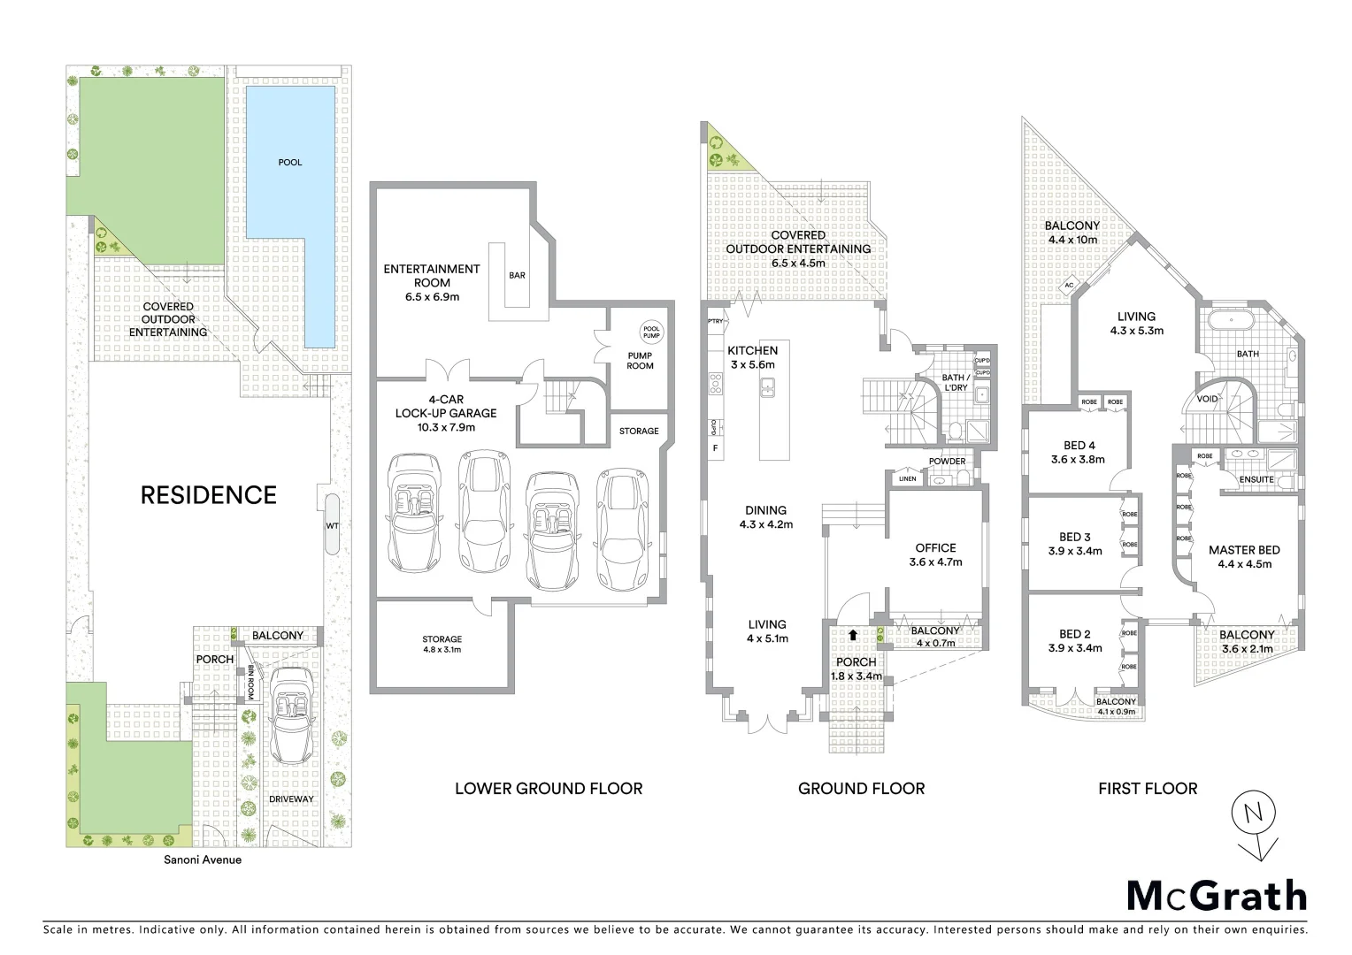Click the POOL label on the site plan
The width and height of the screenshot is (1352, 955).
(290, 162)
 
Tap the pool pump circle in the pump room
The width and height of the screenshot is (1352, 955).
(651, 332)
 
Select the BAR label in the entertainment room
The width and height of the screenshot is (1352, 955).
(517, 275)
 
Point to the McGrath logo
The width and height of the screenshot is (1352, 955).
(1216, 896)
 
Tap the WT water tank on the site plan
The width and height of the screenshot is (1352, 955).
(332, 525)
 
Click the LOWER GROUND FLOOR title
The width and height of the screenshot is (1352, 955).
(549, 788)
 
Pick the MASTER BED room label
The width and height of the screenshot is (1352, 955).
(1244, 550)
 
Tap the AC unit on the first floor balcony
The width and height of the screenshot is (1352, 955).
(1069, 285)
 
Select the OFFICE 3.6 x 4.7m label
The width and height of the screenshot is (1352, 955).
(935, 554)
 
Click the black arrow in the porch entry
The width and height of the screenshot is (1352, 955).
(852, 634)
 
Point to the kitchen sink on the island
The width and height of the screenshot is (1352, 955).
(768, 386)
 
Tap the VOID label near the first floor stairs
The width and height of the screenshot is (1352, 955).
(1207, 399)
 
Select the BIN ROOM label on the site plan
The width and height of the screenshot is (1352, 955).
(250, 682)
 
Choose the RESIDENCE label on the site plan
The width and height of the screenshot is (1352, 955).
(209, 494)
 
